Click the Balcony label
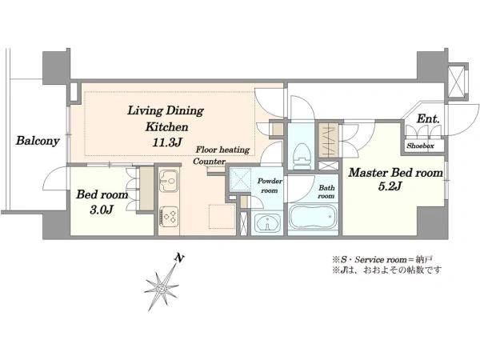(x=38, y=141)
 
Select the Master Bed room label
(x=395, y=173)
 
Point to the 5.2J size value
(x=390, y=186)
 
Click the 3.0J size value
(x=102, y=210)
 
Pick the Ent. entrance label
(x=428, y=118)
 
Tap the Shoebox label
(x=420, y=146)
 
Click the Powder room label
(x=270, y=186)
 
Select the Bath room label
(x=326, y=192)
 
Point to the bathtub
(x=313, y=218)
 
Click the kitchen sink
(x=168, y=181)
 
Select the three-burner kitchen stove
(x=168, y=217)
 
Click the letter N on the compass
(x=179, y=258)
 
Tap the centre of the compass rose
(x=161, y=288)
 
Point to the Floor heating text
(x=222, y=150)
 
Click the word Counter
(x=210, y=162)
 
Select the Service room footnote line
(x=382, y=260)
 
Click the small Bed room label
(x=102, y=194)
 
